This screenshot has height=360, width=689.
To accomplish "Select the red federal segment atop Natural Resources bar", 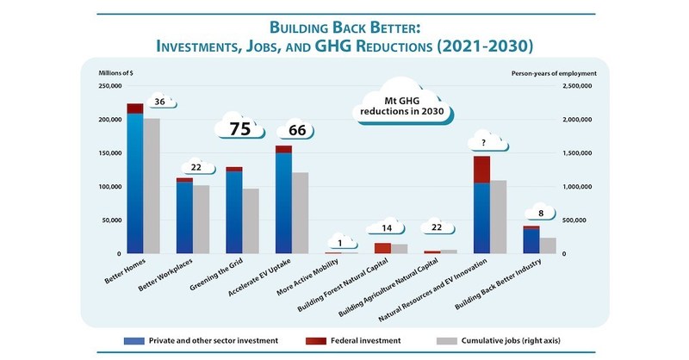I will [x=481, y=170].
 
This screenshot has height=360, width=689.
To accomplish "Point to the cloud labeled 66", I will [x=297, y=131].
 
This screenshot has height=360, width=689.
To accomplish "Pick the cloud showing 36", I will [x=159, y=102].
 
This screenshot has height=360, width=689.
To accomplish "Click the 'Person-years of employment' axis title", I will [x=548, y=72].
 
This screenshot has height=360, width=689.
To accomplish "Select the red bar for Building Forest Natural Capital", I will [x=382, y=248].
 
